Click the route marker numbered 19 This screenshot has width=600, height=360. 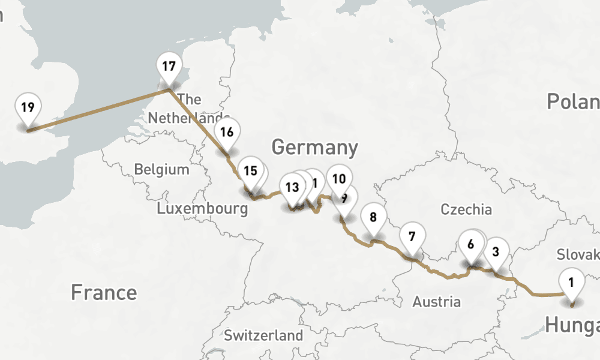pyautogui.click(x=28, y=109)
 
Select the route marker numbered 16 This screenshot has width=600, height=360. pyautogui.click(x=227, y=132)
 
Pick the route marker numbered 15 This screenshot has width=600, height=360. pyautogui.click(x=250, y=171)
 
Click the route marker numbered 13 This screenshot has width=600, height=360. pyautogui.click(x=292, y=187)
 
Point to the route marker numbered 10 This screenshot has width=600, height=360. pyautogui.click(x=339, y=179)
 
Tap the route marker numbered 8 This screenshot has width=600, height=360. pyautogui.click(x=373, y=218)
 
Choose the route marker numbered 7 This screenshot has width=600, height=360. pyautogui.click(x=412, y=236)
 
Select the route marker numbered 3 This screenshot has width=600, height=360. pyautogui.click(x=496, y=252)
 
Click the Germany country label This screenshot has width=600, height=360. pyautogui.click(x=314, y=147)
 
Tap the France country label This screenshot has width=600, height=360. pyautogui.click(x=103, y=293)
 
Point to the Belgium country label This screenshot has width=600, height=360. pyautogui.click(x=161, y=169)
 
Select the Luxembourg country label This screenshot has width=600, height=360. pyautogui.click(x=202, y=209)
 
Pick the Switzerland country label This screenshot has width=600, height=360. pyautogui.click(x=263, y=335)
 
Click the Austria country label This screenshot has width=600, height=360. pyautogui.click(x=436, y=302)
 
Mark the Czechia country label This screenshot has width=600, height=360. pyautogui.click(x=466, y=209)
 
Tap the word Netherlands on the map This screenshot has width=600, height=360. pyautogui.click(x=188, y=118)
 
